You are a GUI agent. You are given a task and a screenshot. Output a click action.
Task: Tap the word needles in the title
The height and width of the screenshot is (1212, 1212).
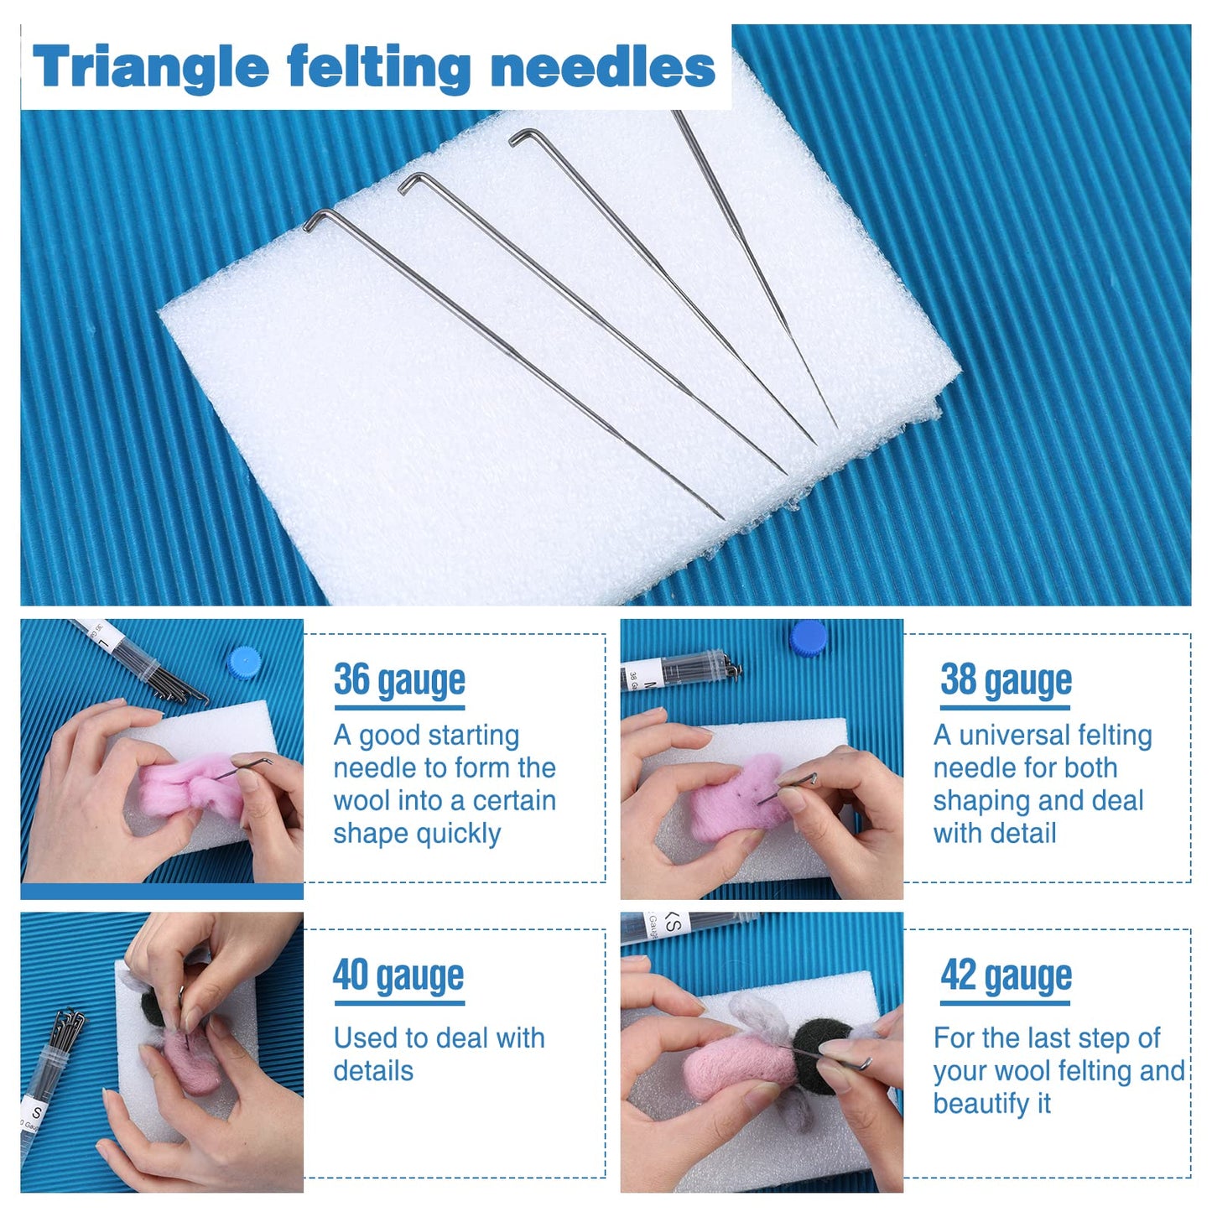(x=602, y=67)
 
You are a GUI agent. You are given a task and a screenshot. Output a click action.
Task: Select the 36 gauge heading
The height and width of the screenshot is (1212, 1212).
(x=399, y=680)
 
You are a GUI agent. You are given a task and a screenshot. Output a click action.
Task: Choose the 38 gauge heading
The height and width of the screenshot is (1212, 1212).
(x=1006, y=680)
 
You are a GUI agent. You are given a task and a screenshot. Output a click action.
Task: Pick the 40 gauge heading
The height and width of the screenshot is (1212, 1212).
(x=398, y=975)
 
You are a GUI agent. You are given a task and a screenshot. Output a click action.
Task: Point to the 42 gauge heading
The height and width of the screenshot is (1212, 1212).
(x=1006, y=975)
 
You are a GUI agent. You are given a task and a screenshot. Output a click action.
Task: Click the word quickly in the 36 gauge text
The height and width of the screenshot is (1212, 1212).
(x=460, y=834)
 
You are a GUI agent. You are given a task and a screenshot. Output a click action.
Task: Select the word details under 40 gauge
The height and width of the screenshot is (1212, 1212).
(x=373, y=1071)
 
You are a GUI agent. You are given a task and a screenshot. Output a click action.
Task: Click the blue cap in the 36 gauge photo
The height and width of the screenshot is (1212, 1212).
(x=244, y=663)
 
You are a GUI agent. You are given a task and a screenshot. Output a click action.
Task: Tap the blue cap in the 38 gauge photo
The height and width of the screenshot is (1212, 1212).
(x=809, y=637)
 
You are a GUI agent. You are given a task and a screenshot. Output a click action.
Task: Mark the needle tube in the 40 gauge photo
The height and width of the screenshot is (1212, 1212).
(x=50, y=1082)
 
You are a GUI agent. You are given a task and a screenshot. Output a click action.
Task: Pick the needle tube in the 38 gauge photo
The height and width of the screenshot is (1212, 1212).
(x=679, y=672)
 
